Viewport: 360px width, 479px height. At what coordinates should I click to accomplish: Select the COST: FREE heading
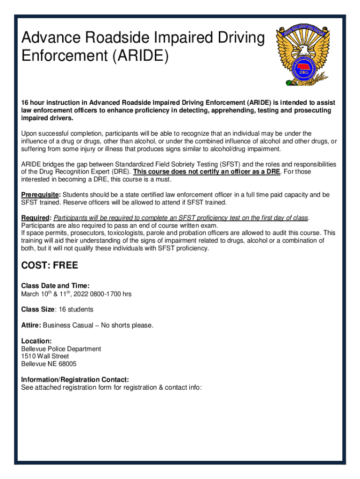click(50, 266)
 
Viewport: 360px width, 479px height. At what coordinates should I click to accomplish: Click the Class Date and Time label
click(55, 286)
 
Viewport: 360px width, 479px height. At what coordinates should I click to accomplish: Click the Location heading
click(36, 341)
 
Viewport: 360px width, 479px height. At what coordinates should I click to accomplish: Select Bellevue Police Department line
click(61, 349)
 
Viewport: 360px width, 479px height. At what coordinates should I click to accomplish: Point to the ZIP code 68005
click(67, 364)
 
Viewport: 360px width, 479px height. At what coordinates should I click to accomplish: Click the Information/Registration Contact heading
click(75, 379)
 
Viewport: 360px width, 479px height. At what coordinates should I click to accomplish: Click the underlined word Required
click(36, 218)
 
